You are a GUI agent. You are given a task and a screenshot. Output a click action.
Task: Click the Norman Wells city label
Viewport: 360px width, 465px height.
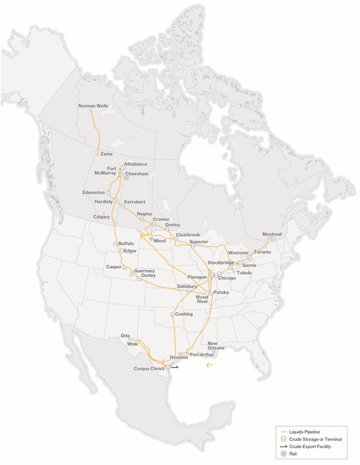click(93, 106)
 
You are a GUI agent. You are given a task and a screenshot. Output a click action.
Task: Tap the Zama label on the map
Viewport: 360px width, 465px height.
click(106, 154)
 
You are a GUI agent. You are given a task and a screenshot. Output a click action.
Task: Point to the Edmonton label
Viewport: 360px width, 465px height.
click(93, 193)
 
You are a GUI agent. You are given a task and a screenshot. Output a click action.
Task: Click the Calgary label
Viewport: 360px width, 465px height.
click(101, 217)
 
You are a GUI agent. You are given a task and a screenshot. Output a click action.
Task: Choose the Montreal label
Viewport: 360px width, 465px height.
click(272, 234)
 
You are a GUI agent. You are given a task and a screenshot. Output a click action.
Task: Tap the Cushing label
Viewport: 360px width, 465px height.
click(184, 314)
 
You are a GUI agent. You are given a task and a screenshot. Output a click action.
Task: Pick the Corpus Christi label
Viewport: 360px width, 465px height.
click(149, 368)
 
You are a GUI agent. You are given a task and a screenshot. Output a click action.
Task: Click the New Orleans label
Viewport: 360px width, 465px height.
click(216, 345)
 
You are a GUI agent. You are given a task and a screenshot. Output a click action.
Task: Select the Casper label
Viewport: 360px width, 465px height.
click(114, 267)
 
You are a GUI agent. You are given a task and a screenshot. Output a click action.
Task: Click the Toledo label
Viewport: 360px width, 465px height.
click(244, 272)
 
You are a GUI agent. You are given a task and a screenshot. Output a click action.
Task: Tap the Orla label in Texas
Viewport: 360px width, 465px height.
click(125, 335)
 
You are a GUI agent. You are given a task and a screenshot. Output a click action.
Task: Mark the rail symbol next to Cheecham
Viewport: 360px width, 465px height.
click(127, 178)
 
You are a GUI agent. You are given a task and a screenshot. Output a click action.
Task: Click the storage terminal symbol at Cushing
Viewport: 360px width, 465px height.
click(172, 314)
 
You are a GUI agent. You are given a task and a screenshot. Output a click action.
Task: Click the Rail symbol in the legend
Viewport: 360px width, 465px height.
click(284, 454)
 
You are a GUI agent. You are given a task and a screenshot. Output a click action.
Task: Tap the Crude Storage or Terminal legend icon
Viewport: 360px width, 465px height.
click(284, 439)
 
